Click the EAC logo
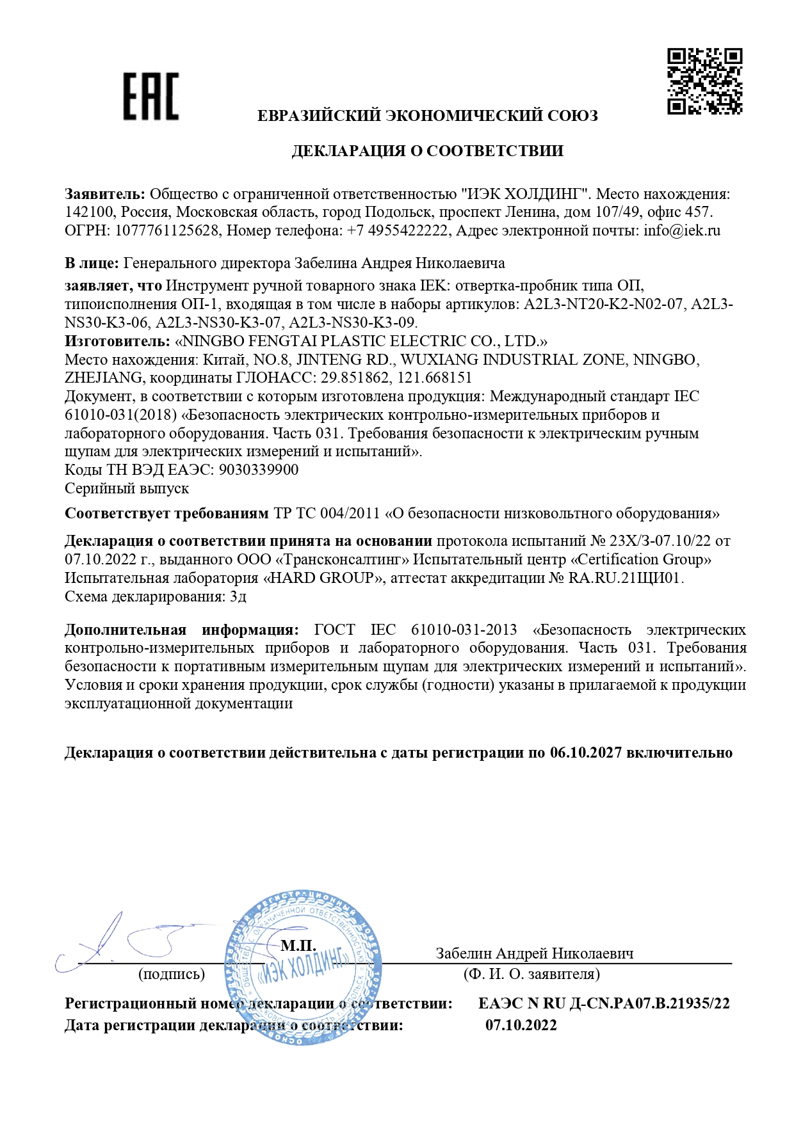[x=151, y=97]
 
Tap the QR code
[x=704, y=82]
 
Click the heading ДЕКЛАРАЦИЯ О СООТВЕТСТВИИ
[x=427, y=151]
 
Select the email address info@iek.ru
[x=682, y=230]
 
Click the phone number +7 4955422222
[x=397, y=230]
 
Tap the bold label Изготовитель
[x=117, y=341]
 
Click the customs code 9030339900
[x=259, y=470]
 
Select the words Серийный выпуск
[x=127, y=488]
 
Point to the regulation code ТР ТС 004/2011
[x=327, y=513]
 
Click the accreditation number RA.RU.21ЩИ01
[x=626, y=578]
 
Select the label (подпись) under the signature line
[x=172, y=974]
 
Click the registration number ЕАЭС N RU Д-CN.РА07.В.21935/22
[x=604, y=1003]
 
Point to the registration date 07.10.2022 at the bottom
[x=521, y=1025]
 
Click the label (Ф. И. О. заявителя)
[x=531, y=974]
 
